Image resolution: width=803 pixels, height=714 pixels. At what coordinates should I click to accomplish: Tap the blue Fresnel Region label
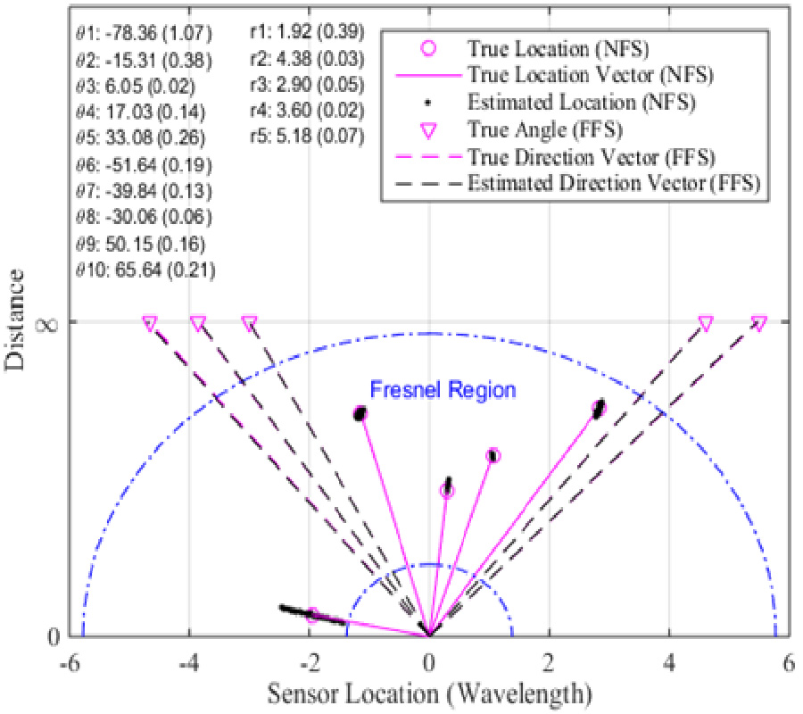(443, 390)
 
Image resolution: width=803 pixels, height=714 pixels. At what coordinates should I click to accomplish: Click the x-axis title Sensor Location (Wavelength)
(427, 690)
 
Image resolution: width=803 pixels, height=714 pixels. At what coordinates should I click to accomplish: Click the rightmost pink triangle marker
(758, 322)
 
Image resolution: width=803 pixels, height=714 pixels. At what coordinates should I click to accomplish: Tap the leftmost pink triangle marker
(150, 322)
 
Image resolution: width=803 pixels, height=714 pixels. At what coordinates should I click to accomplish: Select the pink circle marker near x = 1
(493, 456)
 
